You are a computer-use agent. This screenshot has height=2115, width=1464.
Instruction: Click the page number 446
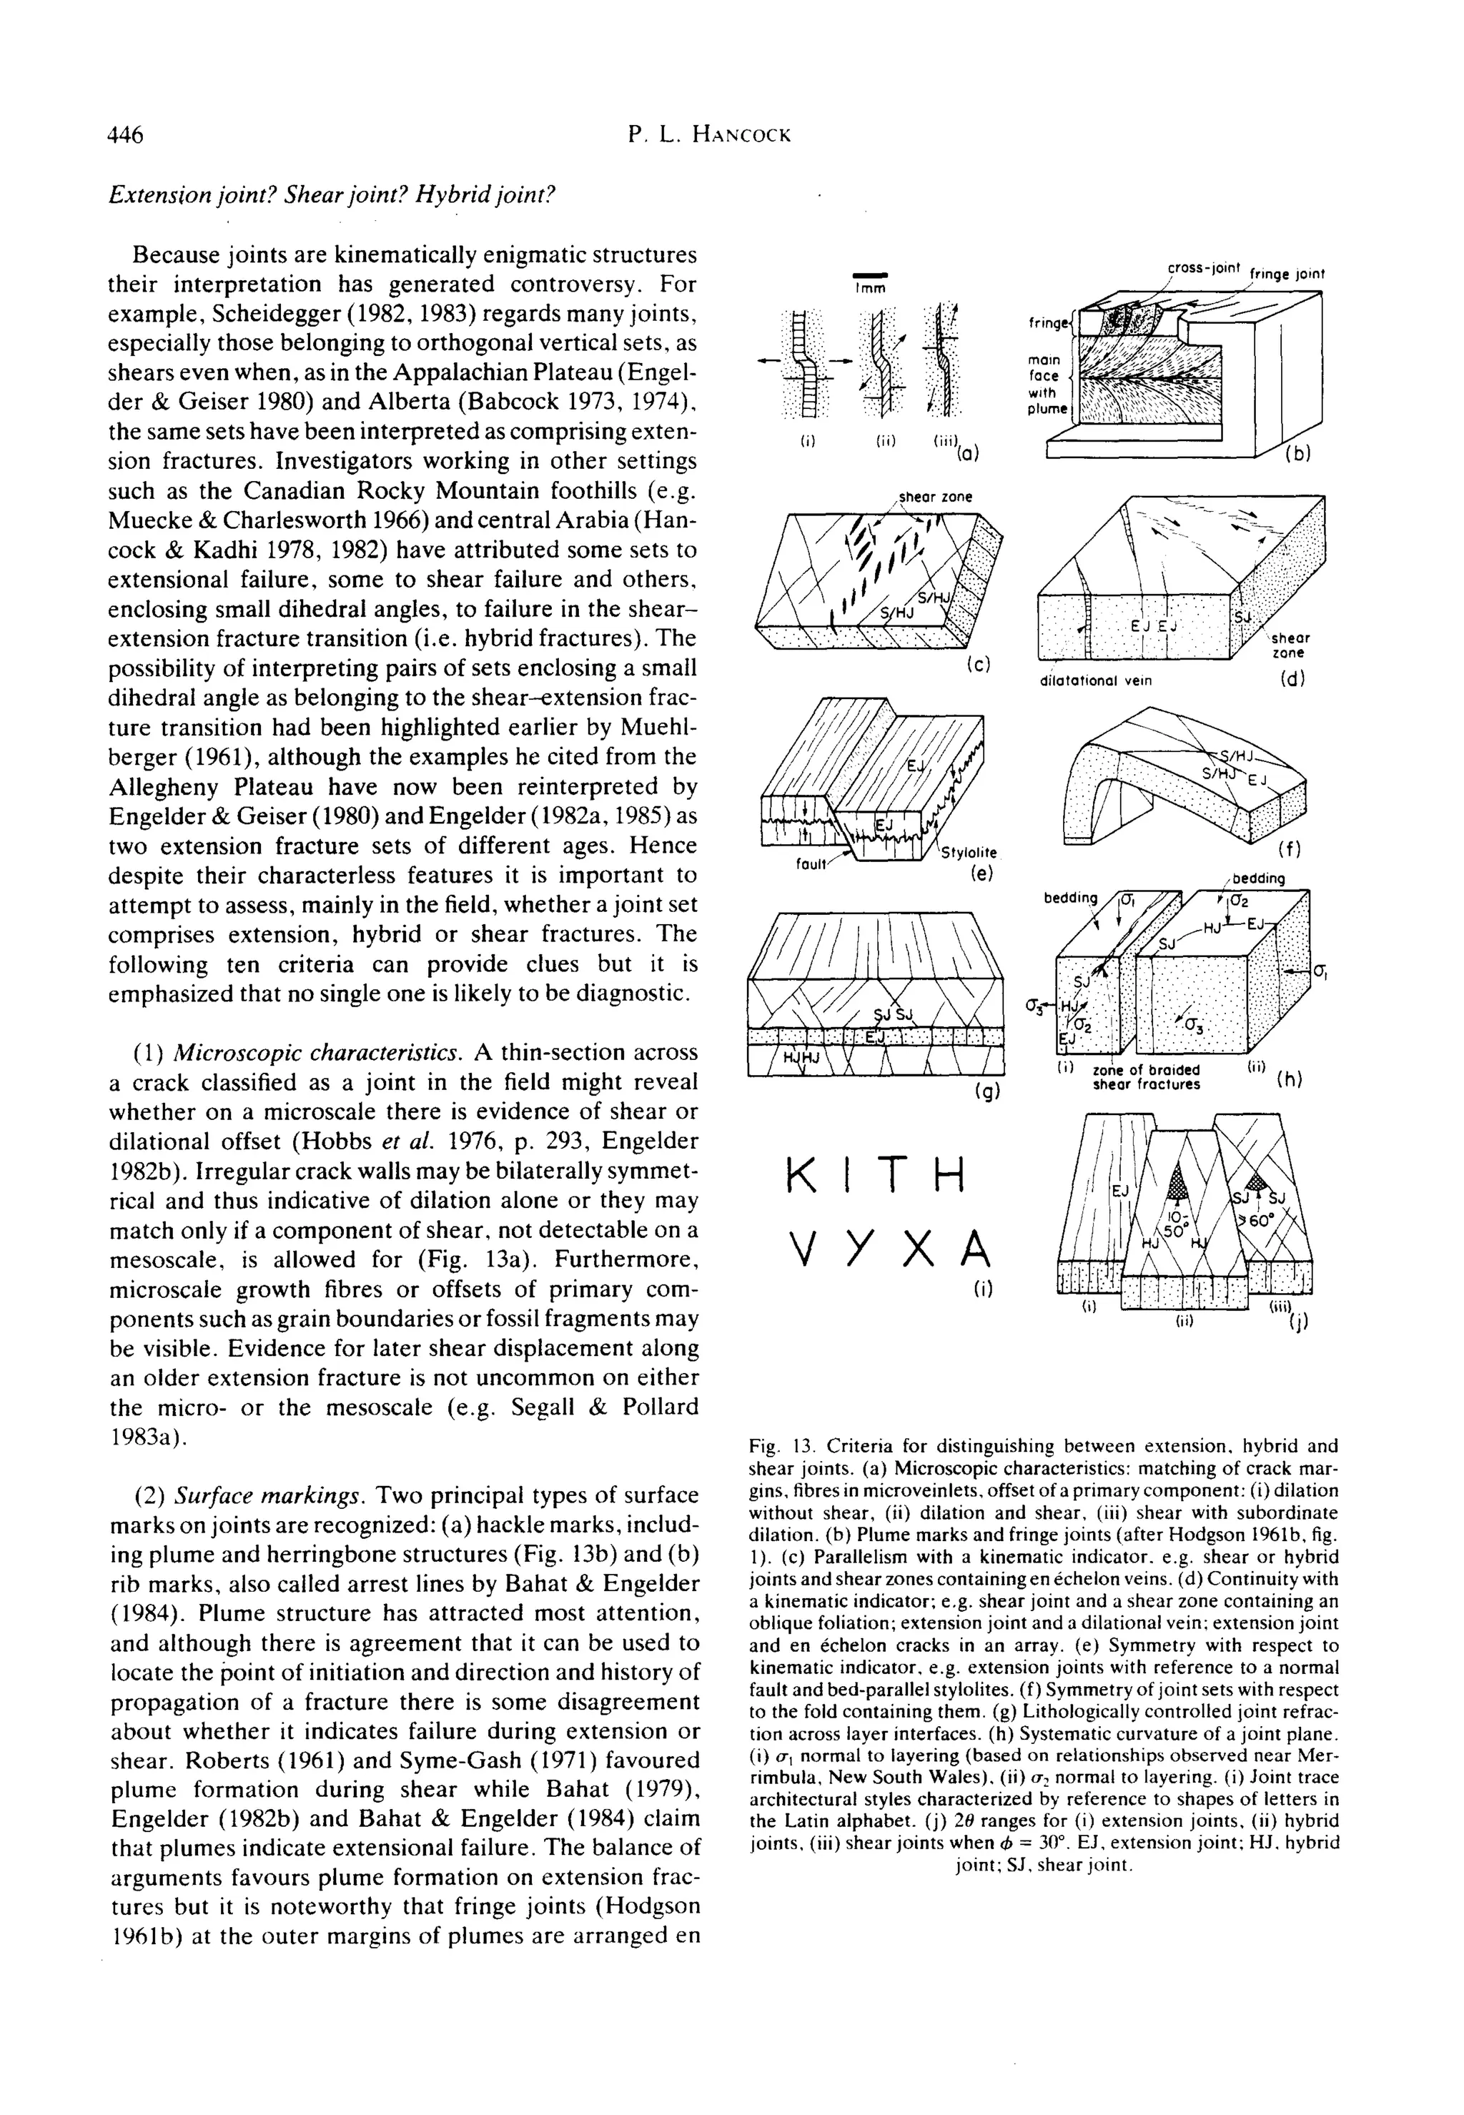click(x=126, y=135)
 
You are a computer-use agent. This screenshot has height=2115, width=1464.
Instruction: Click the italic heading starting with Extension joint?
click(x=332, y=195)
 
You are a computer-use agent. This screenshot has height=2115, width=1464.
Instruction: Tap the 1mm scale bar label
click(x=868, y=287)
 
